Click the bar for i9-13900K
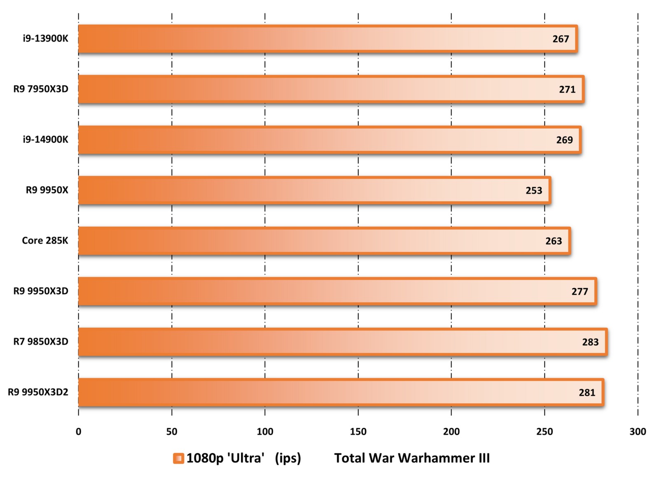click(x=327, y=39)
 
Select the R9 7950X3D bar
click(x=331, y=89)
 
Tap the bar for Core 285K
click(x=324, y=241)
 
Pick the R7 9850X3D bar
click(x=342, y=342)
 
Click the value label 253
click(x=534, y=191)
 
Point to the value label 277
click(x=580, y=291)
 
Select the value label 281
click(x=587, y=393)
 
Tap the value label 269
click(x=564, y=140)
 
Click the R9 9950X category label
click(x=47, y=190)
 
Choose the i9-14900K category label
click(x=45, y=140)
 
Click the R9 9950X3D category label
click(x=41, y=291)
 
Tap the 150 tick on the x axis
click(x=358, y=431)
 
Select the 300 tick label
click(x=638, y=431)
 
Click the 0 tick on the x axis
click(x=79, y=431)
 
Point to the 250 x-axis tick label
click(x=544, y=431)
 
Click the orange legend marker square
click(x=178, y=458)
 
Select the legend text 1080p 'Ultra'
click(x=225, y=458)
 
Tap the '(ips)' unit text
click(x=288, y=458)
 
